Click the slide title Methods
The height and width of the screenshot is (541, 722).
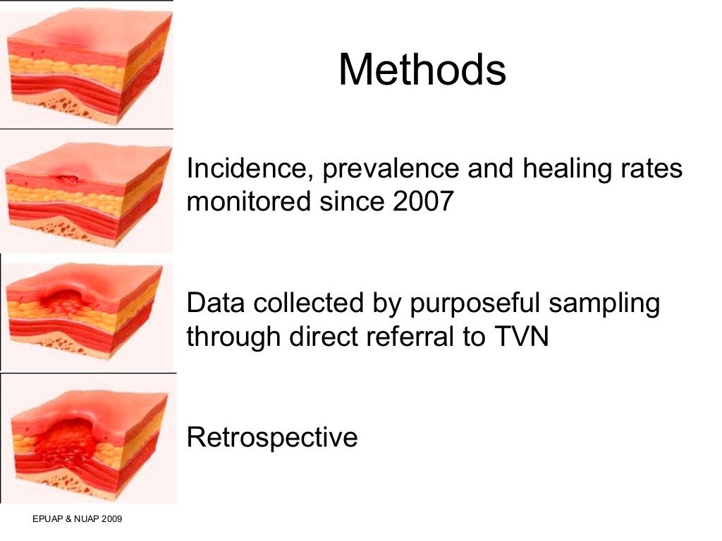pos(422,70)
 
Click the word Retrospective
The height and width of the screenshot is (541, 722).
pos(272,437)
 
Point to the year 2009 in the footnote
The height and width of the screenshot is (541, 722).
pos(111,520)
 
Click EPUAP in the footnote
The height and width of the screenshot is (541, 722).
pos(47,520)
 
